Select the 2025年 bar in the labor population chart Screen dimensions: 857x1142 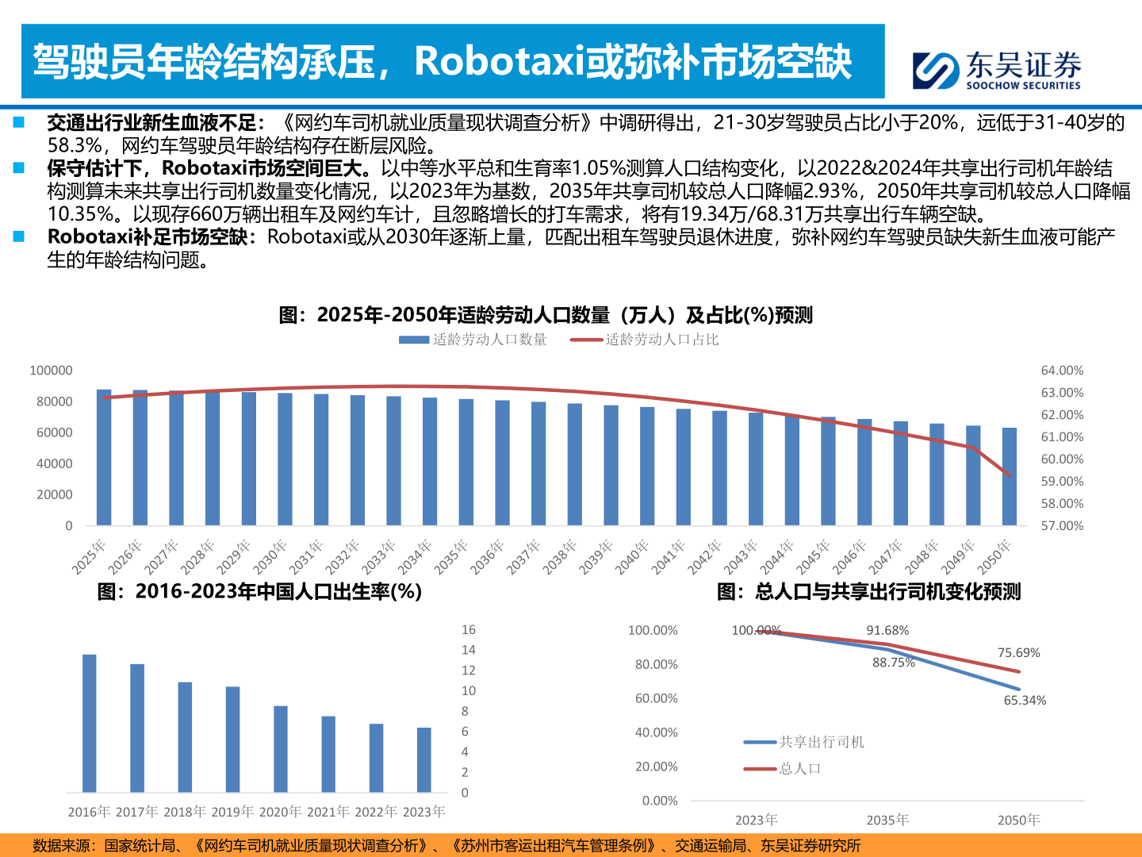point(104,458)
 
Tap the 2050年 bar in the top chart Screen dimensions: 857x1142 point(1010,477)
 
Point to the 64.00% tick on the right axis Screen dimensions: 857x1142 point(1062,371)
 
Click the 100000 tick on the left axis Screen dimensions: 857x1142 point(51,371)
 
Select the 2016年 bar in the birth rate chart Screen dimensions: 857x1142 point(90,723)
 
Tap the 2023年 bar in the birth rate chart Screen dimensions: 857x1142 point(424,759)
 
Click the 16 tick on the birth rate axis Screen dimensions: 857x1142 point(469,630)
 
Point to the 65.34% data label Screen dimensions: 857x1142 point(1025,700)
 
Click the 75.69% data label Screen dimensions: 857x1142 point(1018,653)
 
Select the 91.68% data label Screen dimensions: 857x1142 point(887,630)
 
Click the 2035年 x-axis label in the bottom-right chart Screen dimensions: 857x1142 point(887,820)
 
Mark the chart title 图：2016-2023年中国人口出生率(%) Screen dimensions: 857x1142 point(259,591)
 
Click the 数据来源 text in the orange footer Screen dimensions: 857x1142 point(62,846)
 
